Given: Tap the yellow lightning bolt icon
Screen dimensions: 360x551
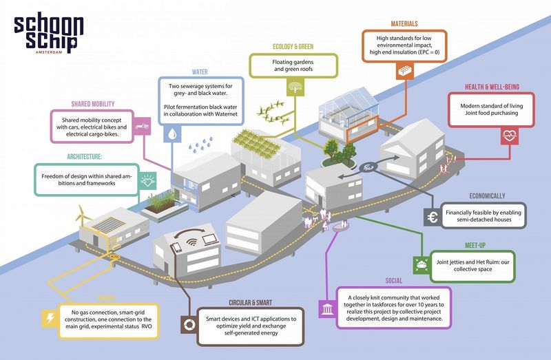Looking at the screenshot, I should [51, 318].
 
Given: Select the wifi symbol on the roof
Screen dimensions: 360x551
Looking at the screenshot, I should [191, 242].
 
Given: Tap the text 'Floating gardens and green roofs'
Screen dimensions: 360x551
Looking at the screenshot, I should [294, 66].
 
